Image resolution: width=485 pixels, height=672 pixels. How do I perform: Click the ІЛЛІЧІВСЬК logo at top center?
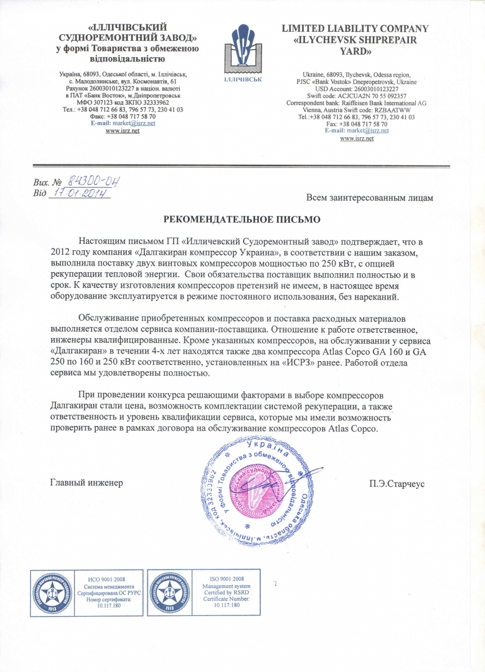[243, 50]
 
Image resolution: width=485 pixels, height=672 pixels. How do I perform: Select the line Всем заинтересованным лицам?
[370, 197]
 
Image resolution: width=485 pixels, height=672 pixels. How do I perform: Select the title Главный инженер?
[86, 482]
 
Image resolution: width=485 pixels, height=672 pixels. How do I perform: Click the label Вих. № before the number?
[47, 183]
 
